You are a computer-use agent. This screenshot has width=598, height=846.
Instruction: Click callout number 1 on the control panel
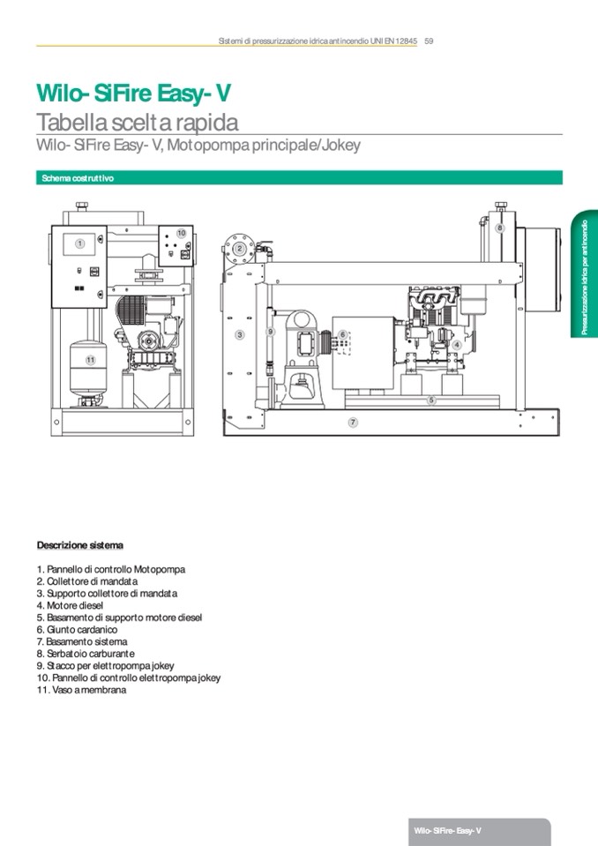pos(79,243)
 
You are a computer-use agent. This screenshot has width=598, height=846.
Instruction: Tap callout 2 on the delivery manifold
pos(239,249)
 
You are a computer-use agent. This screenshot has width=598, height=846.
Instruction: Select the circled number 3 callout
pos(239,335)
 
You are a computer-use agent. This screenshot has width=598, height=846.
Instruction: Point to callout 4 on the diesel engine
pos(457,345)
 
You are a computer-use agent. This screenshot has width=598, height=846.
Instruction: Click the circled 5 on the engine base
pos(431,400)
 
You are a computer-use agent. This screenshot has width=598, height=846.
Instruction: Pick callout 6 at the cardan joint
pos(341,334)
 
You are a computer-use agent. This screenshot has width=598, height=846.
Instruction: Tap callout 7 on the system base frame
pos(353,423)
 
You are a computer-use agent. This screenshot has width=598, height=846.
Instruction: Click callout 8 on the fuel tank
pos(499,228)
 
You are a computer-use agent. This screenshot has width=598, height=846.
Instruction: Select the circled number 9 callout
pos(271,331)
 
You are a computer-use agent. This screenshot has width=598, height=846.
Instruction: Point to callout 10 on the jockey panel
pos(181,232)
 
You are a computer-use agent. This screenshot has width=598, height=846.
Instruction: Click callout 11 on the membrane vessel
pos(89,360)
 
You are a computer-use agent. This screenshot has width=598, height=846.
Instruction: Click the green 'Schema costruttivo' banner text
pos(77,178)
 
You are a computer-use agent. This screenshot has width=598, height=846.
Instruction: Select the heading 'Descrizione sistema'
pos(80,545)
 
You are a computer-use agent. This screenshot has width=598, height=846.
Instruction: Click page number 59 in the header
pos(429,40)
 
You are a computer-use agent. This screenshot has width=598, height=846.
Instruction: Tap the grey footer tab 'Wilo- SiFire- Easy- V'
pos(447,831)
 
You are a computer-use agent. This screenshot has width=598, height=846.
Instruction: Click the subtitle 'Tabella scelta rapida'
pos(137,122)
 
